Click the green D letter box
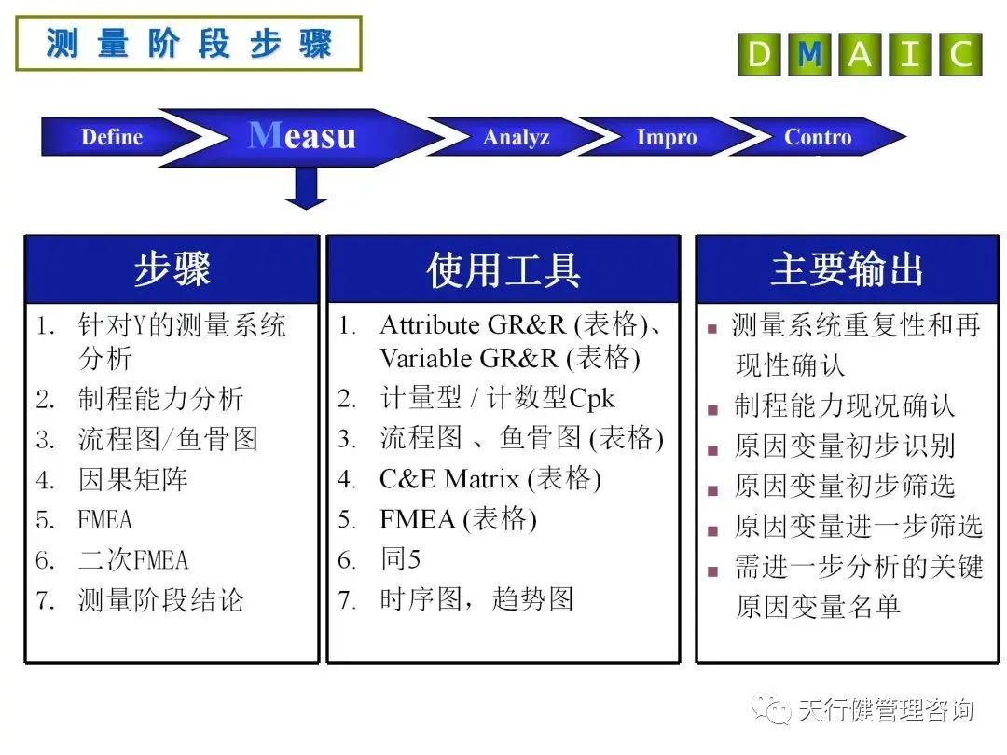(x=760, y=55)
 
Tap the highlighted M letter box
(x=809, y=55)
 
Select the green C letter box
(x=960, y=55)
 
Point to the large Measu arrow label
(x=303, y=137)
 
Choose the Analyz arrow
(x=517, y=138)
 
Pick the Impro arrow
(x=667, y=138)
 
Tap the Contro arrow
(x=818, y=138)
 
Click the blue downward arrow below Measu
(x=306, y=189)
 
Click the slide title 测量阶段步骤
(x=188, y=44)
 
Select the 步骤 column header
(x=172, y=269)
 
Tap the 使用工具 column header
(x=504, y=269)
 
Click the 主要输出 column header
(x=847, y=269)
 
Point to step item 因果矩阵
(x=133, y=479)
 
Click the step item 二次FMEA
(x=133, y=560)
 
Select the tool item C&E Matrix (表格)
(x=490, y=479)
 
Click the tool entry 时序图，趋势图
(x=476, y=599)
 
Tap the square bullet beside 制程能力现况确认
(x=713, y=409)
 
